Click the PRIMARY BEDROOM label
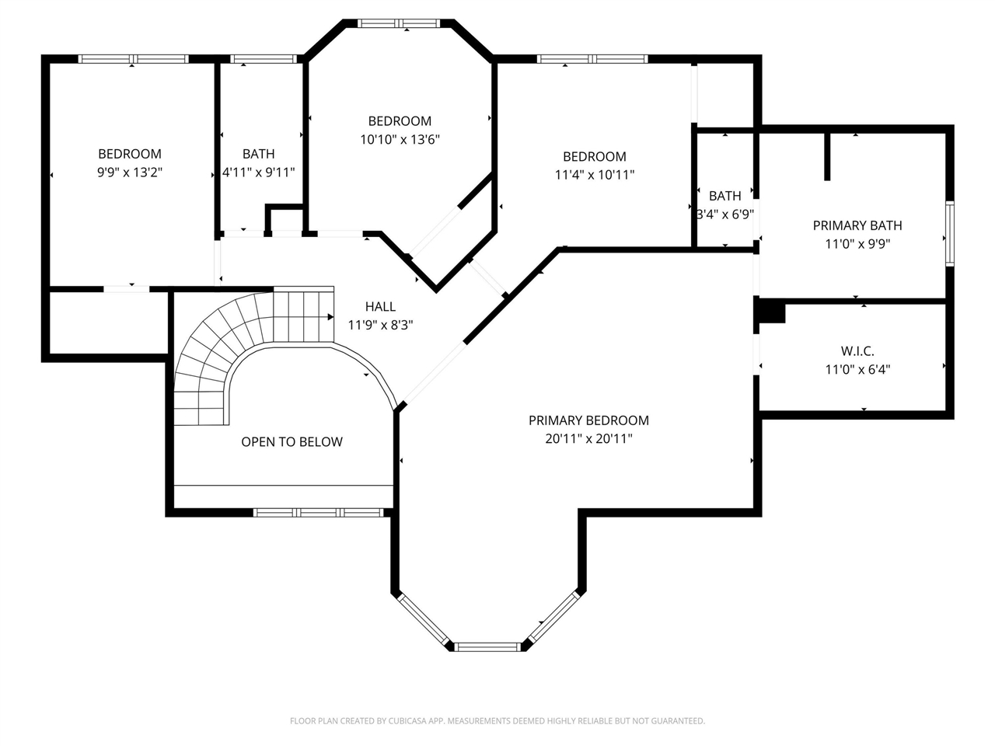pos(588,420)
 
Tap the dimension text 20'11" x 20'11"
pos(588,439)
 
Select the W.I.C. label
pos(857,351)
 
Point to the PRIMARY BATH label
pos(857,225)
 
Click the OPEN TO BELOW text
pos(292,441)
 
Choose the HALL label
pos(380,307)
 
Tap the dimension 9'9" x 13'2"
pos(130,172)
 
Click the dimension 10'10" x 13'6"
pos(400,140)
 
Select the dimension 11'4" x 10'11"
pos(594,175)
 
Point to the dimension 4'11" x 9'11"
pos(258,172)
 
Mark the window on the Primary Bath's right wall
pos(949,234)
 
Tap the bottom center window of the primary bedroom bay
pos(487,647)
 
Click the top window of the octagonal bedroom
pos(399,23)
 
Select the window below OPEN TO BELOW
pos(319,513)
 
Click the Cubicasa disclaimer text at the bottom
pos(497,721)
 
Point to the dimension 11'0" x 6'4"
pos(857,370)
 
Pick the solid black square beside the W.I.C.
pos(771,312)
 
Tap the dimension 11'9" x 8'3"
pos(380,326)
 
